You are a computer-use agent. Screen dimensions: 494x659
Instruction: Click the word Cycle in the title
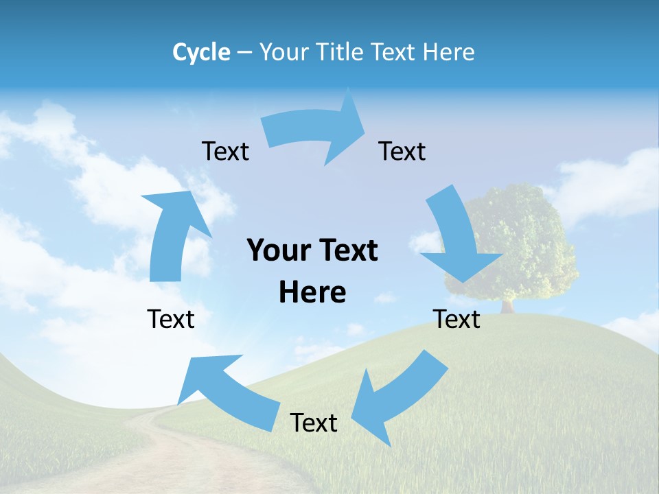[x=201, y=52]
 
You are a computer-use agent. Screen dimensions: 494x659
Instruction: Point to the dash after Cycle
[x=244, y=53]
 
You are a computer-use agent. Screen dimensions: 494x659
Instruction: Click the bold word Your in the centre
[x=275, y=251]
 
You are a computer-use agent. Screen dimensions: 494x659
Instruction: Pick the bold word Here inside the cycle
[x=312, y=293]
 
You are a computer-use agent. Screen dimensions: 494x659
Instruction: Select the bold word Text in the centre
[x=347, y=251]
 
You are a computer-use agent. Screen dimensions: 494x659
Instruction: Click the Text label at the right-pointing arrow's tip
[x=402, y=151]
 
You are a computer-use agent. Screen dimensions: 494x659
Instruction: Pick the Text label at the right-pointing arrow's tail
[x=225, y=151]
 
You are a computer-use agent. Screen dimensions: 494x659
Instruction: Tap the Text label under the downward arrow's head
[x=456, y=319]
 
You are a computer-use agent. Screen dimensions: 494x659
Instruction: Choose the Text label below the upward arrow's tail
[x=171, y=319]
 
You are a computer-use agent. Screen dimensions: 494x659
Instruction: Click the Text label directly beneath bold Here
[x=314, y=423]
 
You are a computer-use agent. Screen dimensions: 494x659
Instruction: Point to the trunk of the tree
[x=508, y=305]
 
